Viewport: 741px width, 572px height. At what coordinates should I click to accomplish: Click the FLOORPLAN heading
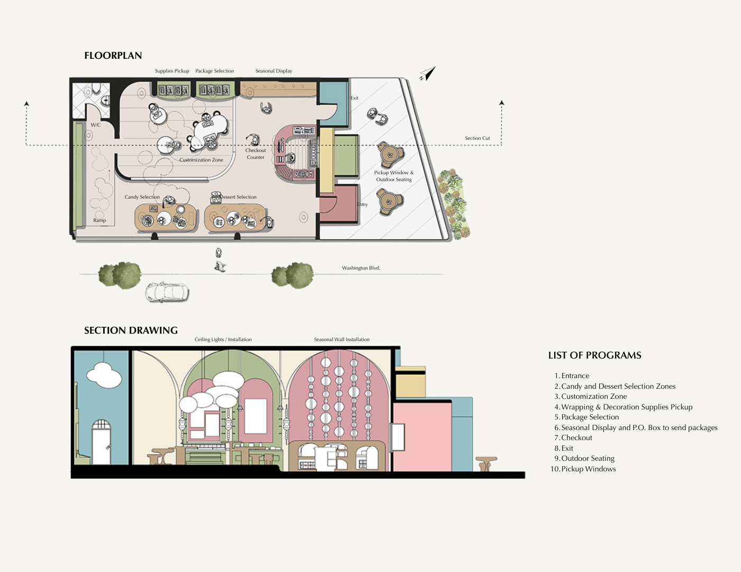(x=113, y=56)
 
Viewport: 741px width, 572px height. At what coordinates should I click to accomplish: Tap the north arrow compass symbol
(x=428, y=74)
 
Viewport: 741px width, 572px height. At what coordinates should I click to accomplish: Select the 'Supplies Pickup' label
(x=172, y=71)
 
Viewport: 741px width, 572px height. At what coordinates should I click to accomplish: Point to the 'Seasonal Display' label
(x=274, y=71)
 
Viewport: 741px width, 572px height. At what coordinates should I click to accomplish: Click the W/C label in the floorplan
(x=95, y=125)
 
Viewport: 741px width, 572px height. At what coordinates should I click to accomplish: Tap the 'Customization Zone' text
(x=201, y=159)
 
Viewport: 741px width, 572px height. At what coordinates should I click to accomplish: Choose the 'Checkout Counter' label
(x=256, y=154)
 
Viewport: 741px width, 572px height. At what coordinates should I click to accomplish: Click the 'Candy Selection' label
(x=142, y=197)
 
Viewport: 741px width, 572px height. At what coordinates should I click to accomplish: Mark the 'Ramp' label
(x=100, y=220)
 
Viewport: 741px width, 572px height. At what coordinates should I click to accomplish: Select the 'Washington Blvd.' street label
(x=361, y=268)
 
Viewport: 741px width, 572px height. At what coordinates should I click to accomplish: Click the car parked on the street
(x=167, y=292)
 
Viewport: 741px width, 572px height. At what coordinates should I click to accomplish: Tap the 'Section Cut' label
(x=477, y=138)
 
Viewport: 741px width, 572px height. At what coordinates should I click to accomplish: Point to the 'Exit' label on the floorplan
(x=354, y=98)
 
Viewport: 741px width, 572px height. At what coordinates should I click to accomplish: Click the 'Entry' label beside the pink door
(x=362, y=204)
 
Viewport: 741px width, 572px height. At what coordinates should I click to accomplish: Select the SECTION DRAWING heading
(x=131, y=330)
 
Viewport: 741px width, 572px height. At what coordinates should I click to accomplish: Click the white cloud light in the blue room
(x=104, y=375)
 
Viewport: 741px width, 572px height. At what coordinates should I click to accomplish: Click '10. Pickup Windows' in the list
(x=583, y=469)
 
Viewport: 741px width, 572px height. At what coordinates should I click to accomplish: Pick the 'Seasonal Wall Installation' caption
(x=342, y=339)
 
